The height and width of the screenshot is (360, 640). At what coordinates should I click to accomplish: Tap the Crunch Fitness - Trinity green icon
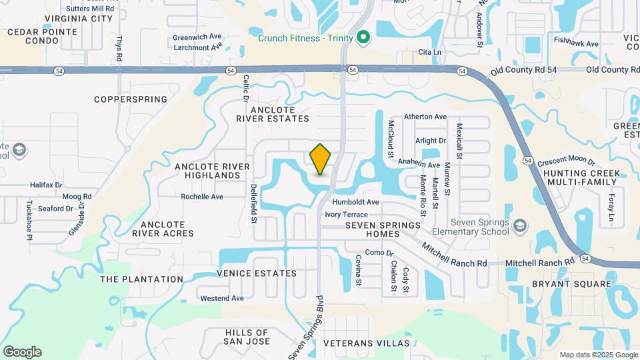363,37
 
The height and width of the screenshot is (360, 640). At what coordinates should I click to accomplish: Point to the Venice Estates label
257,273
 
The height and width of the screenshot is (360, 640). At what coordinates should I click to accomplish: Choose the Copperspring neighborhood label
131,99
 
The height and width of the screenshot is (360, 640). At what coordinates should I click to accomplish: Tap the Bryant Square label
571,284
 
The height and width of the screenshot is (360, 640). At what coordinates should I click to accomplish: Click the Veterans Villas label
367,343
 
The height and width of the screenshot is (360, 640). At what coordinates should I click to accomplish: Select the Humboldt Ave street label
356,202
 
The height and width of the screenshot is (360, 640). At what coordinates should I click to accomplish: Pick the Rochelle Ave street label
202,197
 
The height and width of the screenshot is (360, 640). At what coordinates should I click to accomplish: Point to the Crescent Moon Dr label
566,160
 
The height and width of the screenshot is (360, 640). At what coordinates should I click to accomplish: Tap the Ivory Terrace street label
346,215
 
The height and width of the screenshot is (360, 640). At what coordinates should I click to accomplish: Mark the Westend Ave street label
221,298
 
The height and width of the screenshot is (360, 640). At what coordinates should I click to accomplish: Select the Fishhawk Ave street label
576,43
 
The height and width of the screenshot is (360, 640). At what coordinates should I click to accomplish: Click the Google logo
22,352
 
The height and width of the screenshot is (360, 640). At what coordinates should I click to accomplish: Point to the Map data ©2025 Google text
598,355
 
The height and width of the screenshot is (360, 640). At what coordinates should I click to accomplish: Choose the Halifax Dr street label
46,185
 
